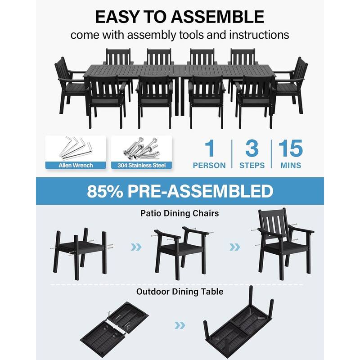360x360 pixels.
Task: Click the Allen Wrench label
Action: click(76, 165)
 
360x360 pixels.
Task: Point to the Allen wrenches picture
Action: click(76, 148)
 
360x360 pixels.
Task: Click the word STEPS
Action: click(252, 166)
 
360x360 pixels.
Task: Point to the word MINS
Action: click(291, 166)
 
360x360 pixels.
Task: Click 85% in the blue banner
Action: click(106, 191)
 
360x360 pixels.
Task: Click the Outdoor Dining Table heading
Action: click(180, 292)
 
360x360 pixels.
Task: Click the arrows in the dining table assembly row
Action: click(180, 325)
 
